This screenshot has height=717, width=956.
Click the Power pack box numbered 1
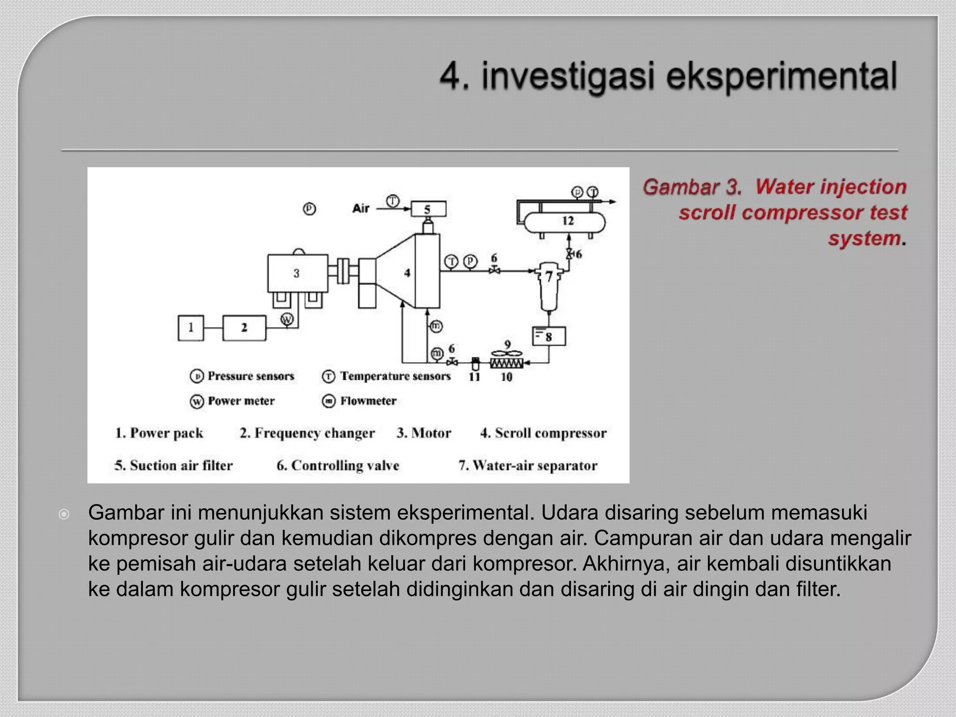tap(191, 328)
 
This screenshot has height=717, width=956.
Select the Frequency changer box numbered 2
tap(244, 328)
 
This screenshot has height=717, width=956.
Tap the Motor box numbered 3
tap(297, 274)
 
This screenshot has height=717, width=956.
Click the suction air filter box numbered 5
tap(428, 209)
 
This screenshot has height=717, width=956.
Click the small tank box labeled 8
tap(549, 336)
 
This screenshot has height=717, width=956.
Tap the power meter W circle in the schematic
tap(287, 319)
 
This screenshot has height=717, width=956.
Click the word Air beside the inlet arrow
tap(361, 208)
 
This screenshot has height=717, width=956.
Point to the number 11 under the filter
tap(474, 377)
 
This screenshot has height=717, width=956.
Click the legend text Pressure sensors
tap(251, 376)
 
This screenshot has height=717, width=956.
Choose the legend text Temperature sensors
tap(395, 376)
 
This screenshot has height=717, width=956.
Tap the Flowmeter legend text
tap(368, 401)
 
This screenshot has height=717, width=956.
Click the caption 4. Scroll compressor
tap(543, 433)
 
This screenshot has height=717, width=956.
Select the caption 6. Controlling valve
tap(338, 465)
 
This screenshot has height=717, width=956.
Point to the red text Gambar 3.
tap(692, 187)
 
